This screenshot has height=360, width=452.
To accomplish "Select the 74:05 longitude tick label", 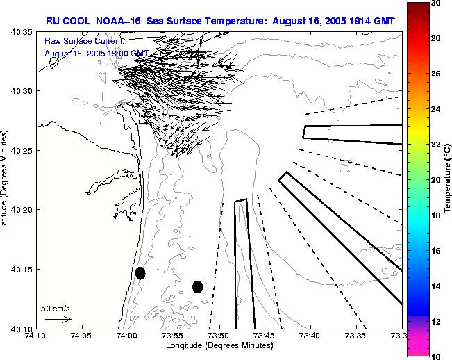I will pos(81,336).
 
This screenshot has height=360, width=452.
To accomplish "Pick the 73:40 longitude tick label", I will pos(310,336).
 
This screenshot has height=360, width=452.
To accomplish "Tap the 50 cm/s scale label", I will pos(55,308).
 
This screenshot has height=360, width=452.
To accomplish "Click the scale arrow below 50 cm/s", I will pos(58,319).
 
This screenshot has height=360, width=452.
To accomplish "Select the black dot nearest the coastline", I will pos(140,273).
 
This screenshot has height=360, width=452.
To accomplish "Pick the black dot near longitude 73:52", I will pos(197,286).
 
